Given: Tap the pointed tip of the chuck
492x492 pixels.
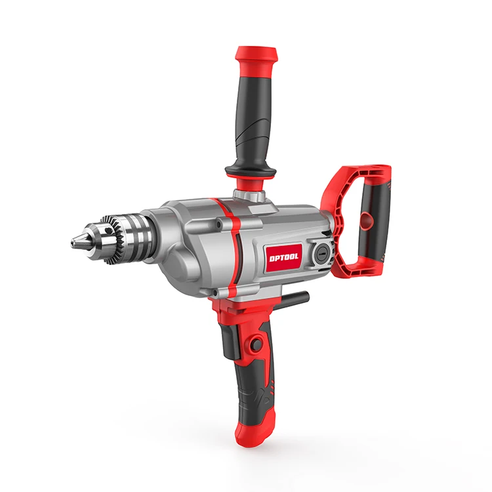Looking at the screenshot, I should coord(73,243).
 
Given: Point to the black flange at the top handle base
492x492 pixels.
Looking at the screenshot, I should coord(250,172).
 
